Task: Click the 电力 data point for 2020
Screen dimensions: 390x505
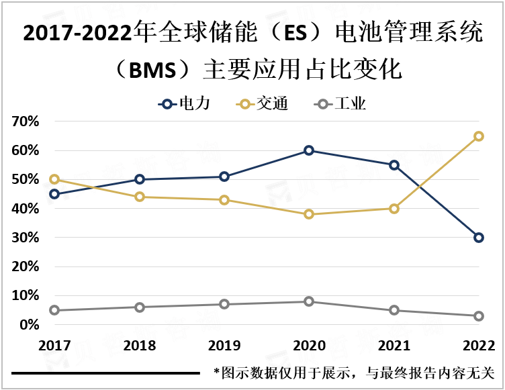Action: pyautogui.click(x=309, y=150)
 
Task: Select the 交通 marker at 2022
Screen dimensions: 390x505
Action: pyautogui.click(x=479, y=136)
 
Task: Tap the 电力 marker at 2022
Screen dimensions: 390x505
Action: pyautogui.click(x=479, y=238)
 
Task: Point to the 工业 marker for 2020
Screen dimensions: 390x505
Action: pyautogui.click(x=309, y=301)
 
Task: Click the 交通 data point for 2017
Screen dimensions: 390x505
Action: pyautogui.click(x=54, y=179)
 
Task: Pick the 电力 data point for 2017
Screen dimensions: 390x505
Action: pyautogui.click(x=54, y=194)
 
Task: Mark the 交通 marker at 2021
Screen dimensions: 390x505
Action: pyautogui.click(x=394, y=209)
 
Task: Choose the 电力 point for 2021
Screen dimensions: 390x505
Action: pyautogui.click(x=394, y=165)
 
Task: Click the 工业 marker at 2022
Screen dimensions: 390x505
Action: pyautogui.click(x=479, y=316)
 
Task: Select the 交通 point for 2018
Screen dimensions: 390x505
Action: pyautogui.click(x=140, y=197)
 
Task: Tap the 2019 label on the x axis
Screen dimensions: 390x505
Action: pyautogui.click(x=224, y=346)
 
